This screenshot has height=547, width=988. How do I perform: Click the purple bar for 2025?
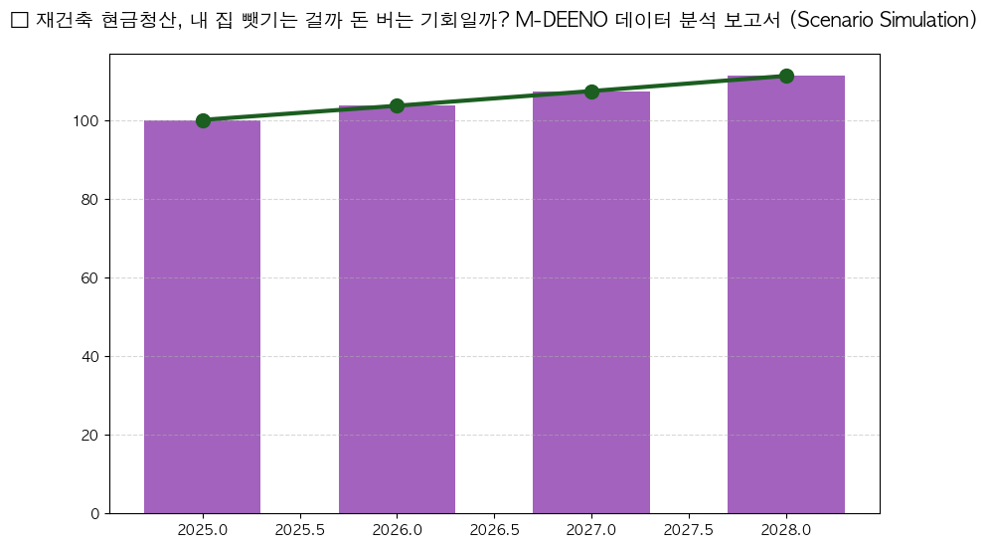click(x=203, y=316)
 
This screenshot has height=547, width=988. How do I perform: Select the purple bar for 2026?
click(x=397, y=309)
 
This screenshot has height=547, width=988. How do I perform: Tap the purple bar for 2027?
click(x=591, y=302)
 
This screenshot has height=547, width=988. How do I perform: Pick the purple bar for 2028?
click(x=786, y=294)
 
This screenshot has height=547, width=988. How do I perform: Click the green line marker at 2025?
click(x=203, y=120)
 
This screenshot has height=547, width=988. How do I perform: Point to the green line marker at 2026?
click(x=397, y=105)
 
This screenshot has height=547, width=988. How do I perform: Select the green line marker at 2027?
click(x=591, y=91)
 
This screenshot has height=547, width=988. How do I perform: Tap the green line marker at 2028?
click(x=786, y=76)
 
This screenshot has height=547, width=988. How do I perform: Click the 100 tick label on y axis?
click(x=87, y=121)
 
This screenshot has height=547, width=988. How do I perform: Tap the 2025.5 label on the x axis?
click(x=300, y=531)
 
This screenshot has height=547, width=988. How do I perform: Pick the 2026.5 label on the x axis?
click(x=494, y=531)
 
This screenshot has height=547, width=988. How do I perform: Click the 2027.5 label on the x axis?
click(x=689, y=531)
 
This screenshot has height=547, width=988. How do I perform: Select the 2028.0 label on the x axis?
click(x=786, y=531)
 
